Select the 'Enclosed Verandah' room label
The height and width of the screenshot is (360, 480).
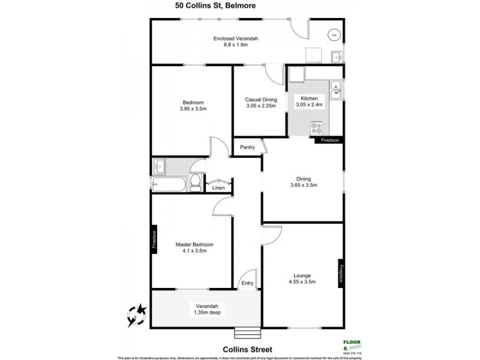[235, 39]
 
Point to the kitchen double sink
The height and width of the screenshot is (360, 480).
[337, 88]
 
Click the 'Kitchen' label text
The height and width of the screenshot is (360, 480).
[309, 98]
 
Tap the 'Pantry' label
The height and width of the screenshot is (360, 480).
[247, 147]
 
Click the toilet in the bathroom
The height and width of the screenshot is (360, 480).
[196, 184]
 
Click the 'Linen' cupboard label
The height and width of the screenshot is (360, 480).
[219, 188]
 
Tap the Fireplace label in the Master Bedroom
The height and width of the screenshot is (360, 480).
[154, 240]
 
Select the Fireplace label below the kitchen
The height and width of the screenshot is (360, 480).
[329, 140]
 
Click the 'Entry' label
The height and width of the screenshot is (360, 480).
[247, 283]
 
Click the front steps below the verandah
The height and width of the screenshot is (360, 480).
[247, 332]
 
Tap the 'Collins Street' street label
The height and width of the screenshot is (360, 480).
[247, 349]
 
